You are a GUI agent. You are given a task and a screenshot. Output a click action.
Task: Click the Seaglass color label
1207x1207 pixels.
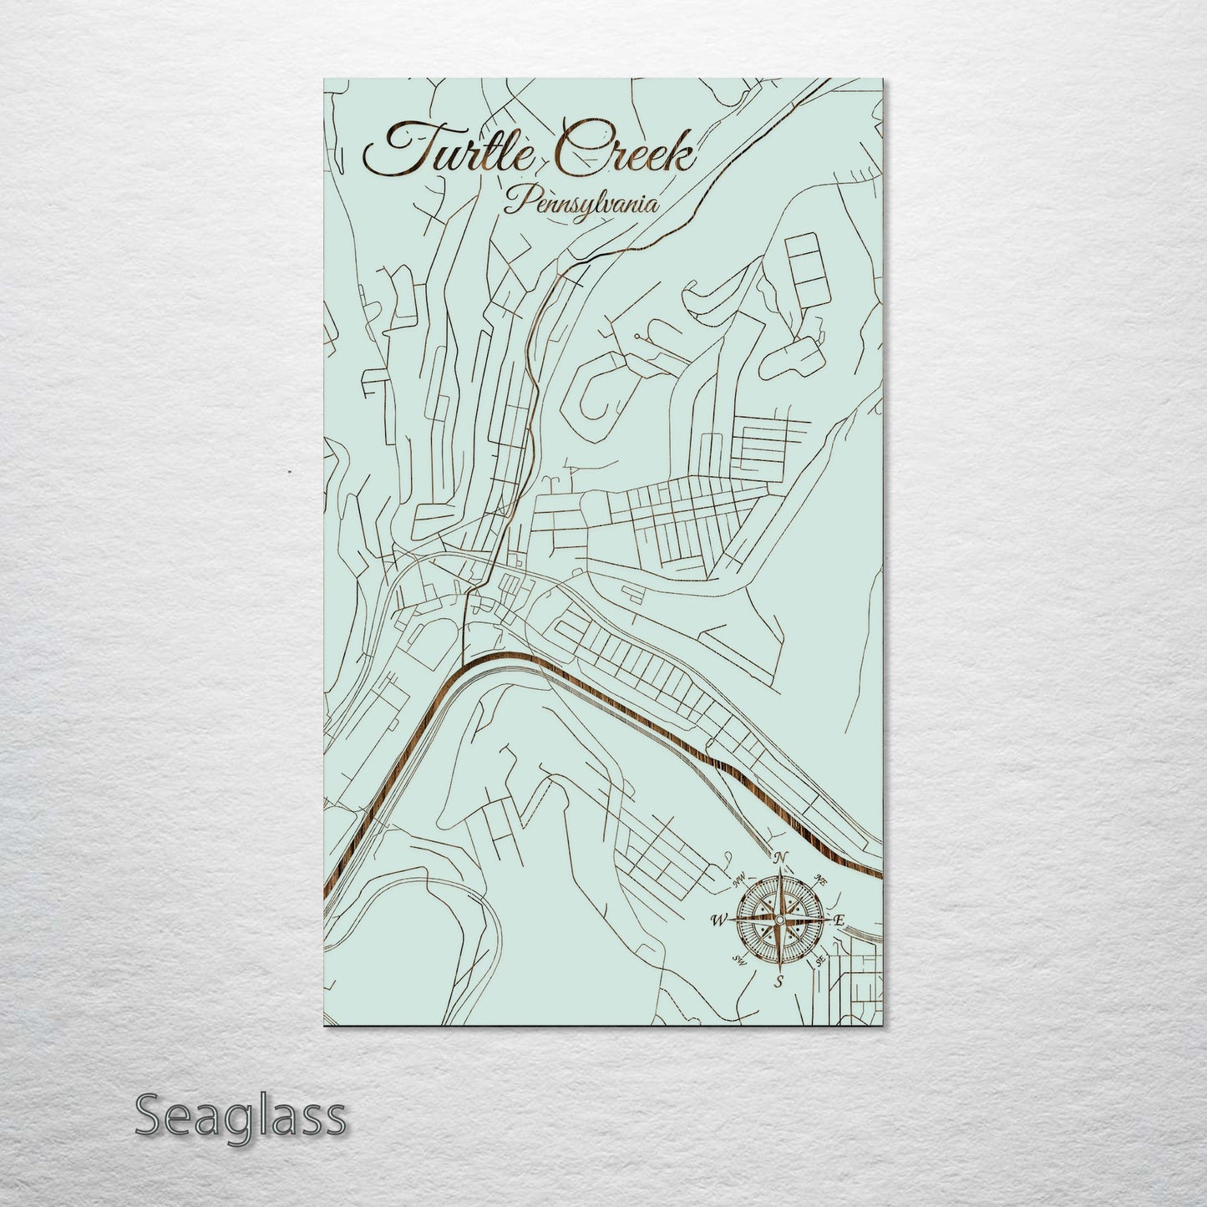(x=240, y=1116)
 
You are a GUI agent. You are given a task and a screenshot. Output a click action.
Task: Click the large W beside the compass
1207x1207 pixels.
(x=717, y=920)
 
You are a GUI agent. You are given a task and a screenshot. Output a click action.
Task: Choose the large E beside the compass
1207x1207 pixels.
(x=839, y=920)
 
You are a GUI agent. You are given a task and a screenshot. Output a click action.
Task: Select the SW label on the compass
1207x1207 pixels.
(x=738, y=959)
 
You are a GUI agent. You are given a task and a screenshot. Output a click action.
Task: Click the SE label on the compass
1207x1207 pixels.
(x=820, y=960)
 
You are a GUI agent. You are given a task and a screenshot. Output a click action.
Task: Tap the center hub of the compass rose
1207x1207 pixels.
(x=778, y=920)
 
